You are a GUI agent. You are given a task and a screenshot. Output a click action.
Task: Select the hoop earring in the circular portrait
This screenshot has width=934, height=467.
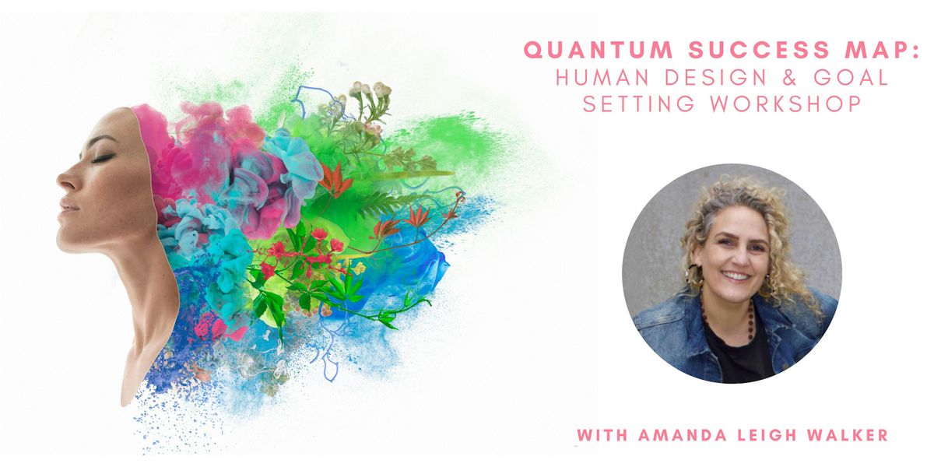[x=693, y=276]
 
